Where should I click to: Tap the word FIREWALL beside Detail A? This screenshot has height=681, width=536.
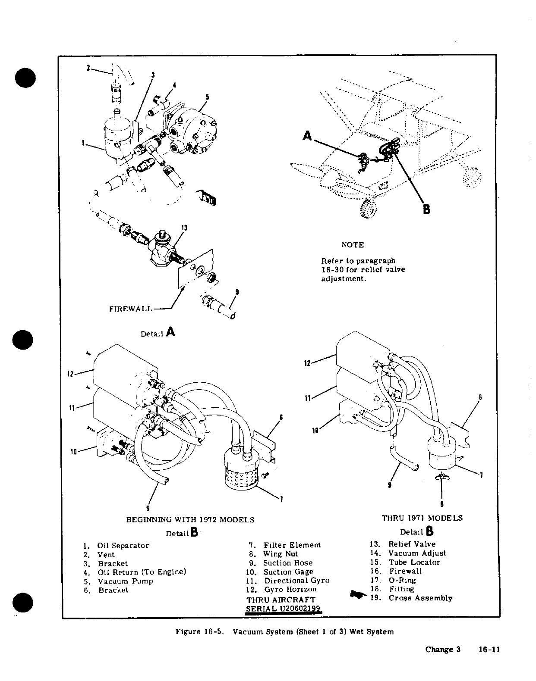pos(131,309)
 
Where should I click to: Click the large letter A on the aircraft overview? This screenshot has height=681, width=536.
pos(307,136)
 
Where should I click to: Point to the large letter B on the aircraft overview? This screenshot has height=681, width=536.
pos(426,209)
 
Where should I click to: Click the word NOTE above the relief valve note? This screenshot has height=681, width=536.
pos(353,245)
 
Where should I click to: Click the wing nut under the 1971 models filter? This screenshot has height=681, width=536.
pos(441,476)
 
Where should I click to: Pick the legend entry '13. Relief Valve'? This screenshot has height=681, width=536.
pos(403,544)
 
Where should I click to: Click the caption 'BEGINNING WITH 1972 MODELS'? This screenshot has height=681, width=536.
pos(190,520)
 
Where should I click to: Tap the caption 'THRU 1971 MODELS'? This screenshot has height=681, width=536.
pos(422,518)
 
